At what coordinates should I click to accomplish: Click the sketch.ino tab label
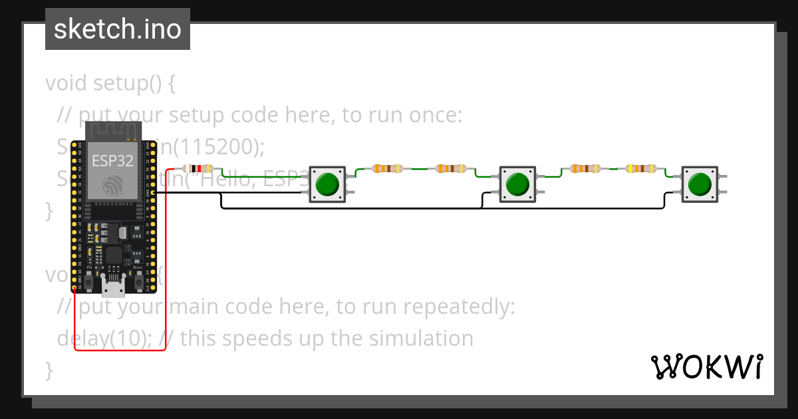117,29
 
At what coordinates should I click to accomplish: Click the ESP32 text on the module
112,160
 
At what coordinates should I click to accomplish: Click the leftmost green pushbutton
328,184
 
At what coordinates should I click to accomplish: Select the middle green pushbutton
517,184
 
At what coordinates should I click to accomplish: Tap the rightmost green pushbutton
699,184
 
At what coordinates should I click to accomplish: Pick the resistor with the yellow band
641,169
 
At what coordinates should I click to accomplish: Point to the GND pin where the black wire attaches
154,193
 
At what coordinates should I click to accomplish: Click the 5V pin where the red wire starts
74,287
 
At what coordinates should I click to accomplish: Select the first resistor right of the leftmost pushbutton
388,169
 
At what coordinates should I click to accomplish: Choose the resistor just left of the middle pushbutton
451,169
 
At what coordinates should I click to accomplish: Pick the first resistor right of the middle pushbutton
585,169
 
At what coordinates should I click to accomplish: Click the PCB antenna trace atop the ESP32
112,130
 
